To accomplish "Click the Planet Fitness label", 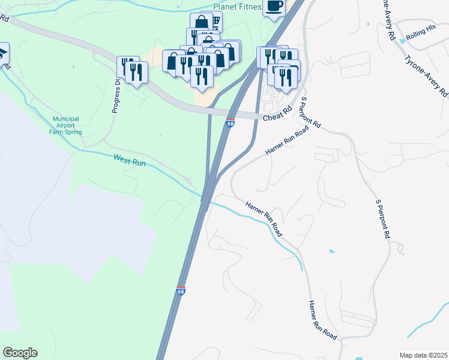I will pos(238,7).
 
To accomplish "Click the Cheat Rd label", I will pos(277,113).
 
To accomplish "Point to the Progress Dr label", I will pos(116,96).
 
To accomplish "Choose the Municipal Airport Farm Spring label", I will pos(66,125).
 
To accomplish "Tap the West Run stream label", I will pos(130,160).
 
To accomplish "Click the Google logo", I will pos(20,353).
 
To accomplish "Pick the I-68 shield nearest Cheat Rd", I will pos(231,123).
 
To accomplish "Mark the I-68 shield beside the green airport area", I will pos(181,291).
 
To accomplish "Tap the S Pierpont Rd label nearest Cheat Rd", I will pos(310,113).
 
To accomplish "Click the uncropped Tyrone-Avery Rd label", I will pos(426,77).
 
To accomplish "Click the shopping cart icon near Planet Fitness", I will pos(215,23).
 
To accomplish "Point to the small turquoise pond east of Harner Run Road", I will pos(331,250).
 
